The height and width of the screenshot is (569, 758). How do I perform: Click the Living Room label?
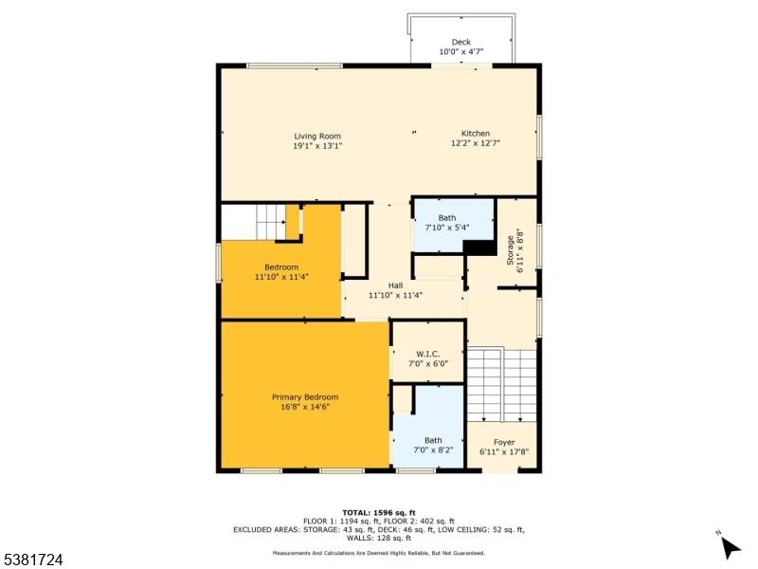point(316,136)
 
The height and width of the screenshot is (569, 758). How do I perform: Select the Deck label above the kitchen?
point(461,42)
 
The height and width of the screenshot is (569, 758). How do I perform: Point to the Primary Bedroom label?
point(304,396)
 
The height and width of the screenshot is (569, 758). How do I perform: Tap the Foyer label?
point(504,442)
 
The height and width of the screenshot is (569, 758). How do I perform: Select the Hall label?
point(395,284)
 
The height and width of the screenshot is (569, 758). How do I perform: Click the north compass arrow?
point(730,546)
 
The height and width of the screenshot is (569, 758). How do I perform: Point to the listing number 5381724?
point(32,560)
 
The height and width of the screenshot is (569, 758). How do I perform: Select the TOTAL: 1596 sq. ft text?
point(379,512)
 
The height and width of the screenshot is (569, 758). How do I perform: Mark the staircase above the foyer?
point(503,384)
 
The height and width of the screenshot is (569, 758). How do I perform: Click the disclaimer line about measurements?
point(379,553)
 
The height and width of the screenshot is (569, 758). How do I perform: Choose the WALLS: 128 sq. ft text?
point(379,538)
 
